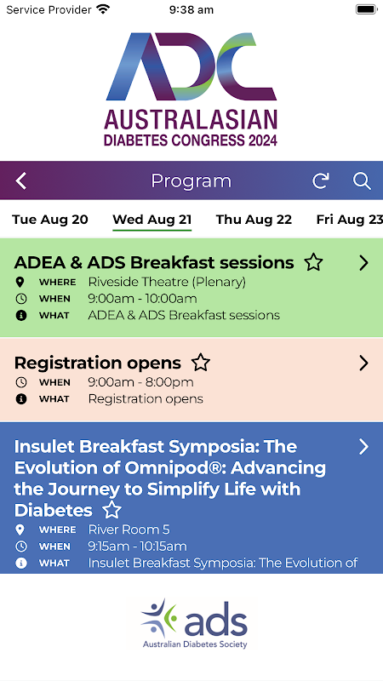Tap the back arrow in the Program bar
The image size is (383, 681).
20,180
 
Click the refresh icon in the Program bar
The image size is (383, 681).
321,180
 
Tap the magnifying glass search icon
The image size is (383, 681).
362,180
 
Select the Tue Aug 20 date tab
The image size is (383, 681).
50,220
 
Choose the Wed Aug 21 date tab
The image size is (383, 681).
152,220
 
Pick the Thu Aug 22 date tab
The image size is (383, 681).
254,220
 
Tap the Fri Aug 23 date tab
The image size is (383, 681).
349,220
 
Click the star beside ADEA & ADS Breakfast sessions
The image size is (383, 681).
313,263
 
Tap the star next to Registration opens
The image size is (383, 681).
201,363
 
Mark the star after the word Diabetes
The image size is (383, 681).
112,510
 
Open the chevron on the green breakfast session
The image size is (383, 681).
364,263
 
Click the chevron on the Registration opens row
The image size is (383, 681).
364,363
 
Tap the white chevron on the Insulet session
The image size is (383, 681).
364,446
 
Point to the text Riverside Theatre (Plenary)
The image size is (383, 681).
167,283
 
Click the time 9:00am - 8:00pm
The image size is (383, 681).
140,382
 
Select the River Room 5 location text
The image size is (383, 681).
129,529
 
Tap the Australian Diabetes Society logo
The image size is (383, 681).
195,624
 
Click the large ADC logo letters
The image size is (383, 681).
191,66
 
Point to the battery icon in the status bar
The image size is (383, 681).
366,9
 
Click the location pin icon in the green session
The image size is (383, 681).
20,283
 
